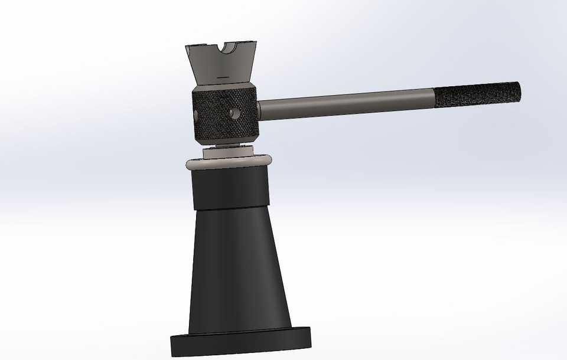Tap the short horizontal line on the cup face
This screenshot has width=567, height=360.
pyautogui.click(x=223, y=77)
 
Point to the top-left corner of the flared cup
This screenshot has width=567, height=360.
pyautogui.click(x=186, y=47)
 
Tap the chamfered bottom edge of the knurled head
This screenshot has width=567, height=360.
pyautogui.click(x=225, y=139)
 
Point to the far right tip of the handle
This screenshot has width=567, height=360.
pyautogui.click(x=520, y=91)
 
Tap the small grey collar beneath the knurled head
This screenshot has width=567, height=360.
pyautogui.click(x=227, y=152)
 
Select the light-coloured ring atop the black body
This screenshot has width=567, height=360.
pyautogui.click(x=228, y=162)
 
